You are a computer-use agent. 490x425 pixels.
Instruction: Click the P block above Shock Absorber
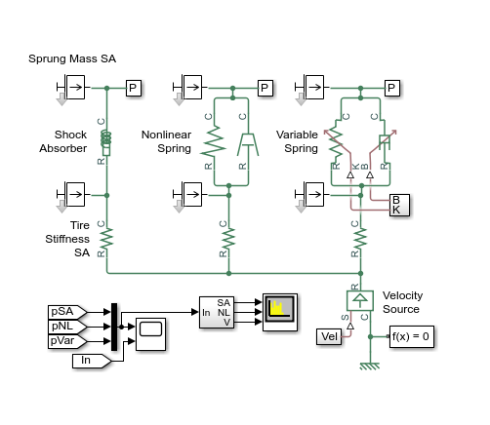(135, 89)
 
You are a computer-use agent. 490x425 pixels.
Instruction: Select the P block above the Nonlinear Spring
(265, 89)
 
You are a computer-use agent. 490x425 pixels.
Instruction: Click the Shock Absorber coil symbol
(107, 142)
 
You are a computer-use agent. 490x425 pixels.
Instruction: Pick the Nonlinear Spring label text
(166, 141)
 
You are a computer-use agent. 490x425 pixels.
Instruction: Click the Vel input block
(330, 336)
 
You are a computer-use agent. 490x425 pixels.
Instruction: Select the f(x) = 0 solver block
(411, 336)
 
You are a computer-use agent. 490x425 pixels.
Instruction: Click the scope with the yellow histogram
(277, 311)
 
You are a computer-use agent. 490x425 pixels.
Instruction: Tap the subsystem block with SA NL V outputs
(216, 311)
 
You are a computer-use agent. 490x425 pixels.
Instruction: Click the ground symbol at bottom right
(371, 367)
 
